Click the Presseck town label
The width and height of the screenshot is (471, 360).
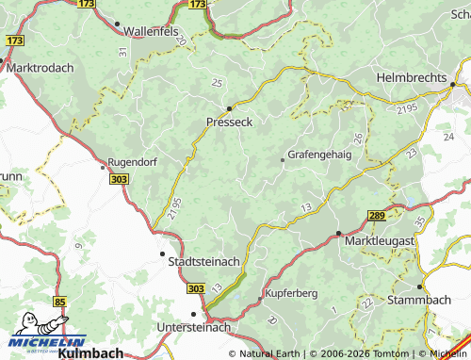click(229, 123)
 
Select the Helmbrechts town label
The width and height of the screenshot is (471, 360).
click(415, 75)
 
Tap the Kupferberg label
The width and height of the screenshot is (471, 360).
click(293, 293)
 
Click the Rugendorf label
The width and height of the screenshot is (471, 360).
click(131, 162)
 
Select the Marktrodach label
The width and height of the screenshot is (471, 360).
click(40, 69)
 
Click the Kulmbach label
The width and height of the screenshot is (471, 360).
click(90, 353)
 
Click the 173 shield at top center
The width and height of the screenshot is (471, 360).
click(196, 4)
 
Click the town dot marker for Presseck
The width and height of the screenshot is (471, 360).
click(229, 107)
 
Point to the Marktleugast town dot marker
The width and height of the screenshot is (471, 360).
click(338, 232)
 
